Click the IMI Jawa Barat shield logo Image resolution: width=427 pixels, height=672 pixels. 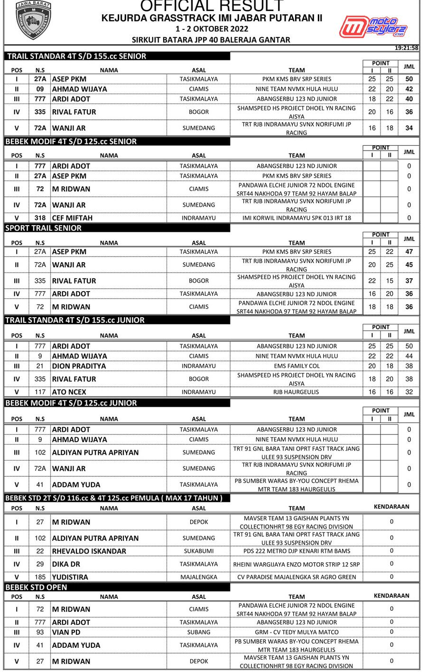(x=33, y=20)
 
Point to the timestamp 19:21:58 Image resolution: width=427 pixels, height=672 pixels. (x=406, y=47)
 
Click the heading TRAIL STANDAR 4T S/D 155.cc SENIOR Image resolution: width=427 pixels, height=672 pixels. (x=77, y=56)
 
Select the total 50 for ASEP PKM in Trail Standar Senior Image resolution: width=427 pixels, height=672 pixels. (x=409, y=79)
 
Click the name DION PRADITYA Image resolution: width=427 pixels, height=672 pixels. (x=79, y=366)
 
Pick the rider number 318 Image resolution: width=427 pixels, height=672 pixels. (x=40, y=218)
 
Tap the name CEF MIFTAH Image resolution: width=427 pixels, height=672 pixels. (x=72, y=218)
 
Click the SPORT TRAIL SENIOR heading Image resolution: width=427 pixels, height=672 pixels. (x=43, y=228)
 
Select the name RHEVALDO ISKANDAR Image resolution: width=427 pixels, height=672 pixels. (x=89, y=551)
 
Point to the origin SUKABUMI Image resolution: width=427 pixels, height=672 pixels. (x=199, y=551)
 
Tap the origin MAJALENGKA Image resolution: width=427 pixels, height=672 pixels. (x=199, y=577)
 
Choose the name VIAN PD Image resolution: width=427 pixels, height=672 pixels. (x=66, y=632)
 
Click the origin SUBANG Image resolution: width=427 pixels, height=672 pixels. (x=199, y=632)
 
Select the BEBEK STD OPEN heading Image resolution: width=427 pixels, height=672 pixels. (x=36, y=587)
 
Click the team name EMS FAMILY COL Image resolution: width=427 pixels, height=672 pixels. (x=297, y=366)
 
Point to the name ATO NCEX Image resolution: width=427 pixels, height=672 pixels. (x=69, y=392)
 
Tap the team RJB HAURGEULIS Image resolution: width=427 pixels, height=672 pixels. (x=297, y=392)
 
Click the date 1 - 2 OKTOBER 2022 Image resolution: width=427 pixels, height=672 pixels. (x=212, y=29)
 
